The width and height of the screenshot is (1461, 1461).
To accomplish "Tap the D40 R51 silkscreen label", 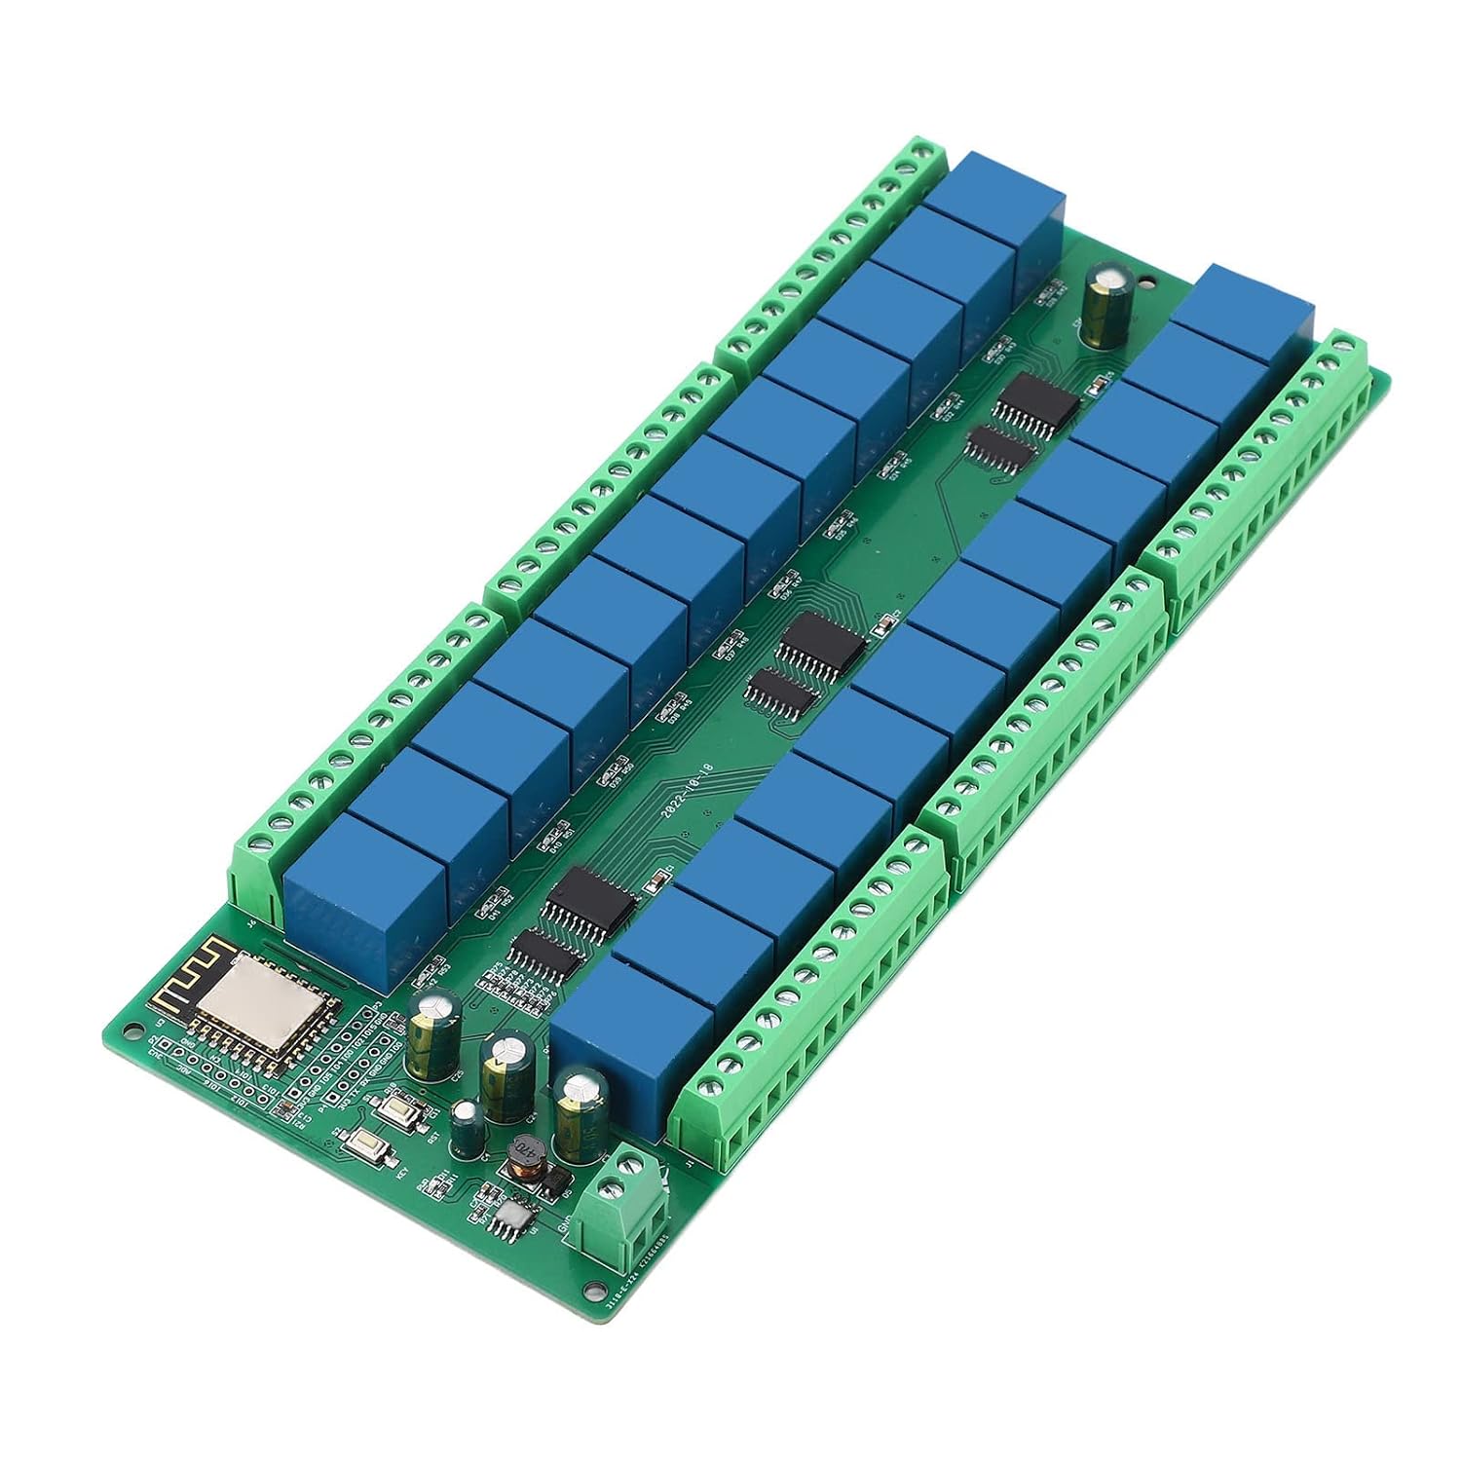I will [566, 834].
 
